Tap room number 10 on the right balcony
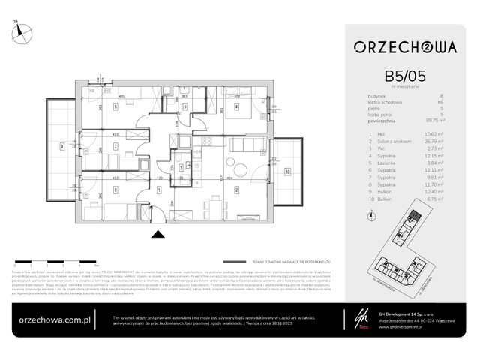[287, 172]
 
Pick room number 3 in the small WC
[181, 169]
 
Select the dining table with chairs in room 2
[216, 205]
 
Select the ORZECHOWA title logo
[406, 47]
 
